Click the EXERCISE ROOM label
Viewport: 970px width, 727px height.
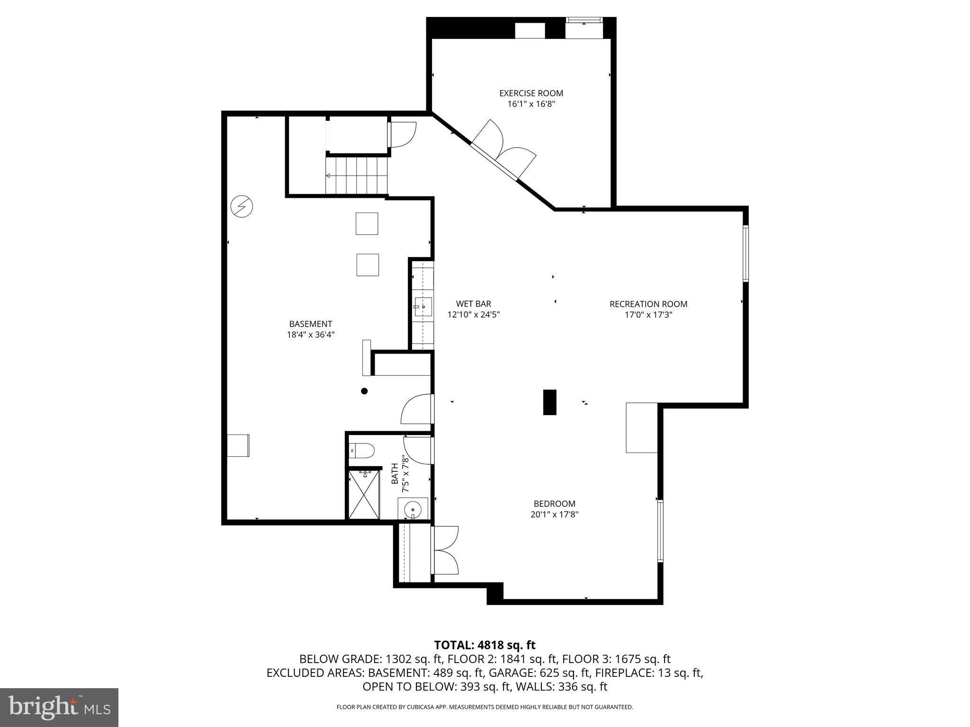(x=531, y=93)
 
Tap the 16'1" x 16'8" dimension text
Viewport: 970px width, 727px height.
(x=531, y=104)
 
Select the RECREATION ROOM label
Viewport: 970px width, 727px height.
(x=648, y=304)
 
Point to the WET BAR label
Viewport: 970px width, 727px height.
(x=473, y=304)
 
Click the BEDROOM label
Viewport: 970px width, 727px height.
(x=554, y=504)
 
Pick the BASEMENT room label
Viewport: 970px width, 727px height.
(x=311, y=324)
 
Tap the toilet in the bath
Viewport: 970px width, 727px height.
(x=362, y=450)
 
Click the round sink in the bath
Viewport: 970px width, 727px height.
(x=413, y=510)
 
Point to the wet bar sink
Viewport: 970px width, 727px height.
(x=422, y=307)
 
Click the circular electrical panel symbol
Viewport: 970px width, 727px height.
(x=242, y=206)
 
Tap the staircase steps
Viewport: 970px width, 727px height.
(x=356, y=176)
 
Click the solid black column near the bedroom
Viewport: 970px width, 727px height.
(x=549, y=402)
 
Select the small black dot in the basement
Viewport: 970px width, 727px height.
(x=364, y=391)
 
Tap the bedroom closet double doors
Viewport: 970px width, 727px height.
(x=445, y=550)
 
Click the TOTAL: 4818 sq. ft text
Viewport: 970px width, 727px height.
(x=485, y=645)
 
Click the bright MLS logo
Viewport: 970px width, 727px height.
(x=59, y=707)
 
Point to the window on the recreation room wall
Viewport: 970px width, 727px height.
(x=745, y=254)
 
